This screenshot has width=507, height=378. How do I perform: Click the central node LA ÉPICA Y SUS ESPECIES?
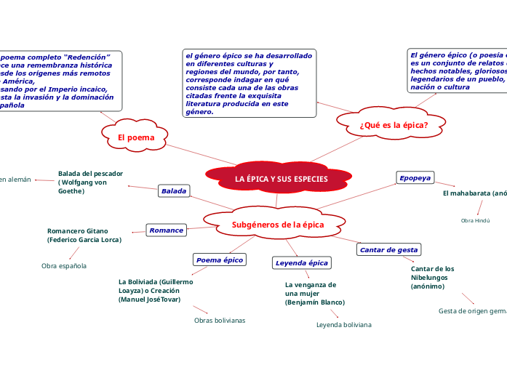pyautogui.click(x=281, y=179)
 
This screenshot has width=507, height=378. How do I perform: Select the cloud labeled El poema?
pyautogui.click(x=136, y=137)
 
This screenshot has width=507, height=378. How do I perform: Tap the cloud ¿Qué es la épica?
pyautogui.click(x=393, y=125)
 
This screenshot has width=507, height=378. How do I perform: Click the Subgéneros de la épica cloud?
pyautogui.click(x=277, y=225)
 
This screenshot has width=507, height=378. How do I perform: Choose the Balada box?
pyautogui.click(x=174, y=191)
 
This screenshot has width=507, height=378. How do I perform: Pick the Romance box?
pyautogui.click(x=166, y=230)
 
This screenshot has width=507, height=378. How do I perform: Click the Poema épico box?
pyautogui.click(x=220, y=260)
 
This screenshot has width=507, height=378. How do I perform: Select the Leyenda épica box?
pyautogui.click(x=302, y=262)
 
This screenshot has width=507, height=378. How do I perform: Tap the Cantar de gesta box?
pyautogui.click(x=389, y=250)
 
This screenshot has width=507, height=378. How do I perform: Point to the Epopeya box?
pyautogui.click(x=415, y=178)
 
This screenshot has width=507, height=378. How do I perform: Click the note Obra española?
pyautogui.click(x=64, y=266)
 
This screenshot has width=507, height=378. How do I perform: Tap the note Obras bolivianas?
pyautogui.click(x=220, y=320)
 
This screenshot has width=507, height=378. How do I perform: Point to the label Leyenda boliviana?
pyautogui.click(x=343, y=325)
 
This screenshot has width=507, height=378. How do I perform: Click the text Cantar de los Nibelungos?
pyautogui.click(x=433, y=278)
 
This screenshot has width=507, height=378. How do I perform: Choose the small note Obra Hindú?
pyautogui.click(x=476, y=220)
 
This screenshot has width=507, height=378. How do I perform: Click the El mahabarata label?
pyautogui.click(x=474, y=193)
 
